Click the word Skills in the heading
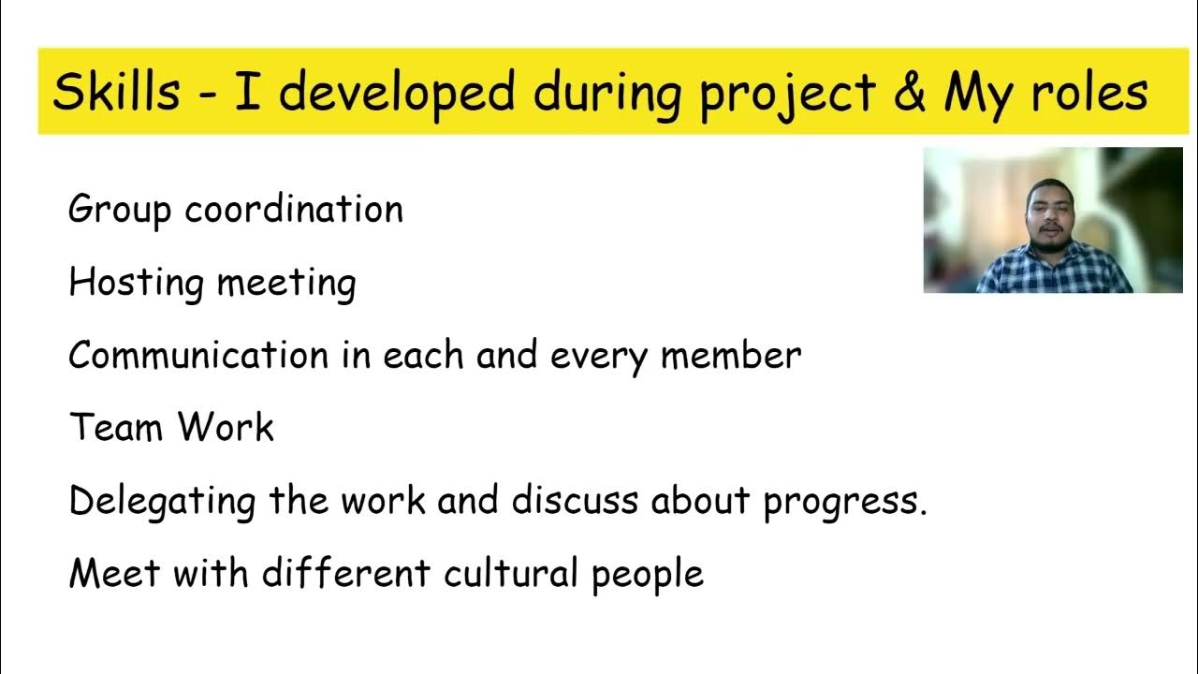pyautogui.click(x=116, y=92)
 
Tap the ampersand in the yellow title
pyautogui.click(x=908, y=92)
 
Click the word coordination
pyautogui.click(x=294, y=209)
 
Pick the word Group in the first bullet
pyautogui.click(x=120, y=210)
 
